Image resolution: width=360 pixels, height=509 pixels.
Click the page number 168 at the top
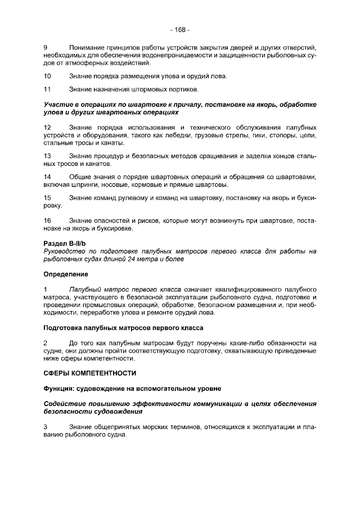tap(180, 29)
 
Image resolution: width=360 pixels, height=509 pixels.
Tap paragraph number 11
tap(47, 89)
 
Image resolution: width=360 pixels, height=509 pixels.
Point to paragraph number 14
tap(47, 178)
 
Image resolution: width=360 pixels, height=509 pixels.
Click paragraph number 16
tap(47, 220)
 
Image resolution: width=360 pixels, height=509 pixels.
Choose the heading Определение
tap(66, 274)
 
